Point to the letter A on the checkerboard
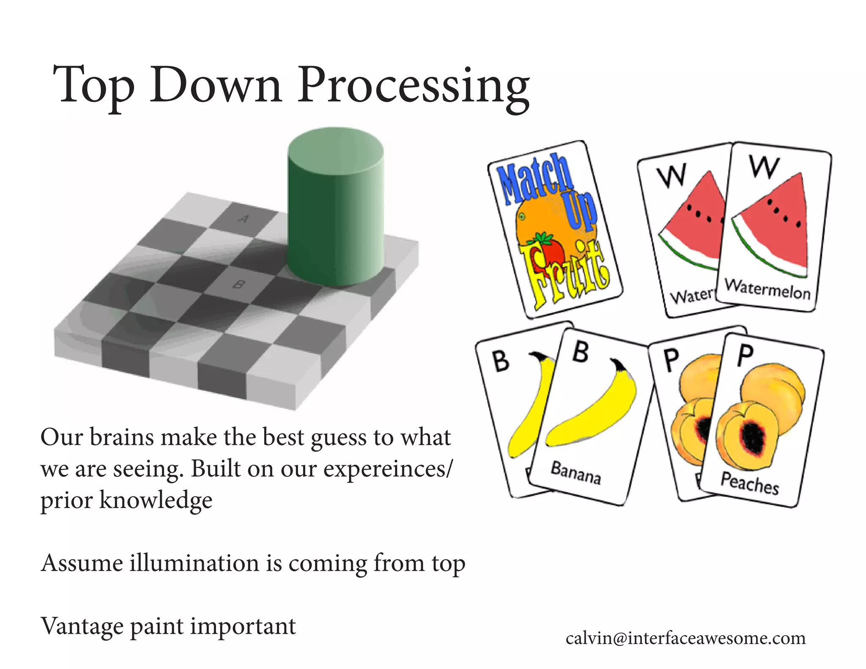[244, 219]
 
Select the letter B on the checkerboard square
[239, 285]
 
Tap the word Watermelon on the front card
[767, 289]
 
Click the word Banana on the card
[576, 473]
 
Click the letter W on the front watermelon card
[764, 167]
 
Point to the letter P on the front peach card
[745, 355]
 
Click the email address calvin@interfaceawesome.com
[685, 638]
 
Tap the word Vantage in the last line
[82, 627]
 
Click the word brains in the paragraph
[122, 437]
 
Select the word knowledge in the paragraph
[156, 500]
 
